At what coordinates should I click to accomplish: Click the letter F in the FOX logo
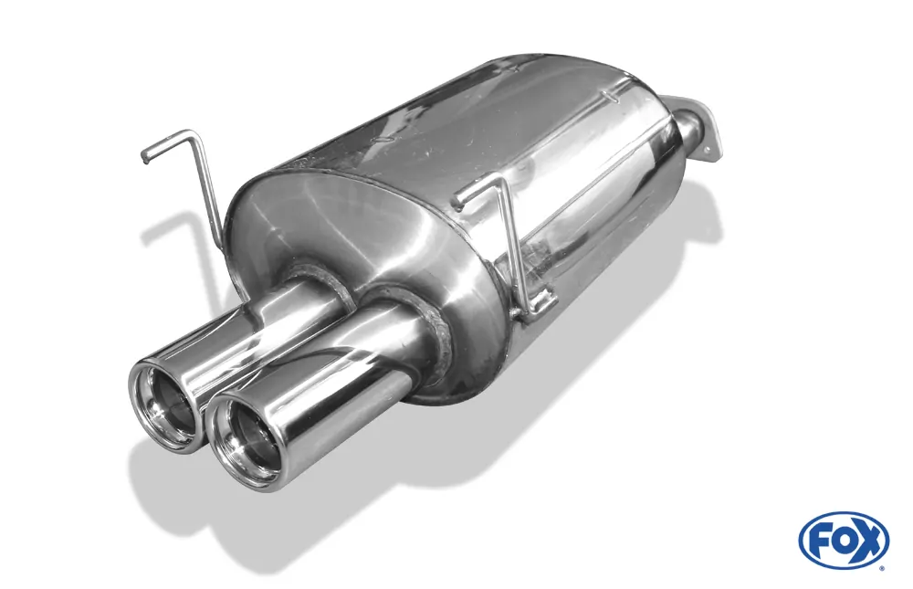pyautogui.click(x=819, y=540)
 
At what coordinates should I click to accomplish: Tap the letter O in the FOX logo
pyautogui.click(x=843, y=540)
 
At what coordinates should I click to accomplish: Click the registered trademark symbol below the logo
pyautogui.click(x=881, y=567)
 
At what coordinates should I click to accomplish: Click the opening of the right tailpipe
pyautogui.click(x=245, y=441)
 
